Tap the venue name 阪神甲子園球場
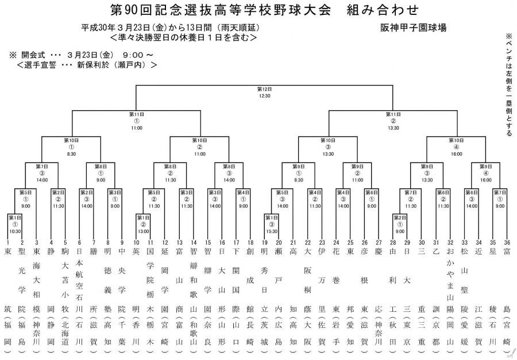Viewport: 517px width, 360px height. click(x=413, y=27)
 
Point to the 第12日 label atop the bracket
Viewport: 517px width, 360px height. click(x=264, y=90)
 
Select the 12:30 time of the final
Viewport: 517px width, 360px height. click(x=264, y=96)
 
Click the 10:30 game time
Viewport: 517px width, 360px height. click(x=15, y=231)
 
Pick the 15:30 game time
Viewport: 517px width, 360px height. click(x=271, y=231)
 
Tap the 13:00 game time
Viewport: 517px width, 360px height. click(x=143, y=231)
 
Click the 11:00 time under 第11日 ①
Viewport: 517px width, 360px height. click(x=136, y=128)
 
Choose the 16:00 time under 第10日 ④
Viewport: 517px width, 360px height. click(x=456, y=154)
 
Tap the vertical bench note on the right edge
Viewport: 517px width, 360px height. click(x=508, y=83)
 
